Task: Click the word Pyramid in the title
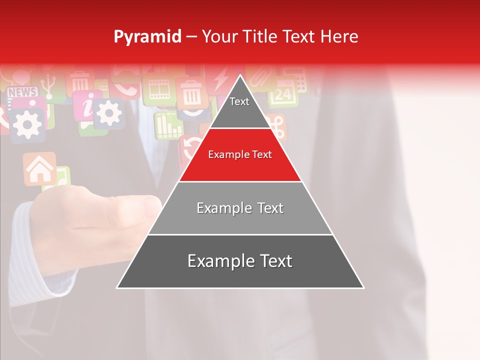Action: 147,37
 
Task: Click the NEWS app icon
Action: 22,92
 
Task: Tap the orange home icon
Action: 39,169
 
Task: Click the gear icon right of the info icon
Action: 108,113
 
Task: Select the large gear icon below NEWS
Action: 27,123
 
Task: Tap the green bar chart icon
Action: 168,125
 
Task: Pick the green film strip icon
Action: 159,90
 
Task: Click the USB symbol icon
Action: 48,85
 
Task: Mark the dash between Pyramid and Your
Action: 191,37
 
